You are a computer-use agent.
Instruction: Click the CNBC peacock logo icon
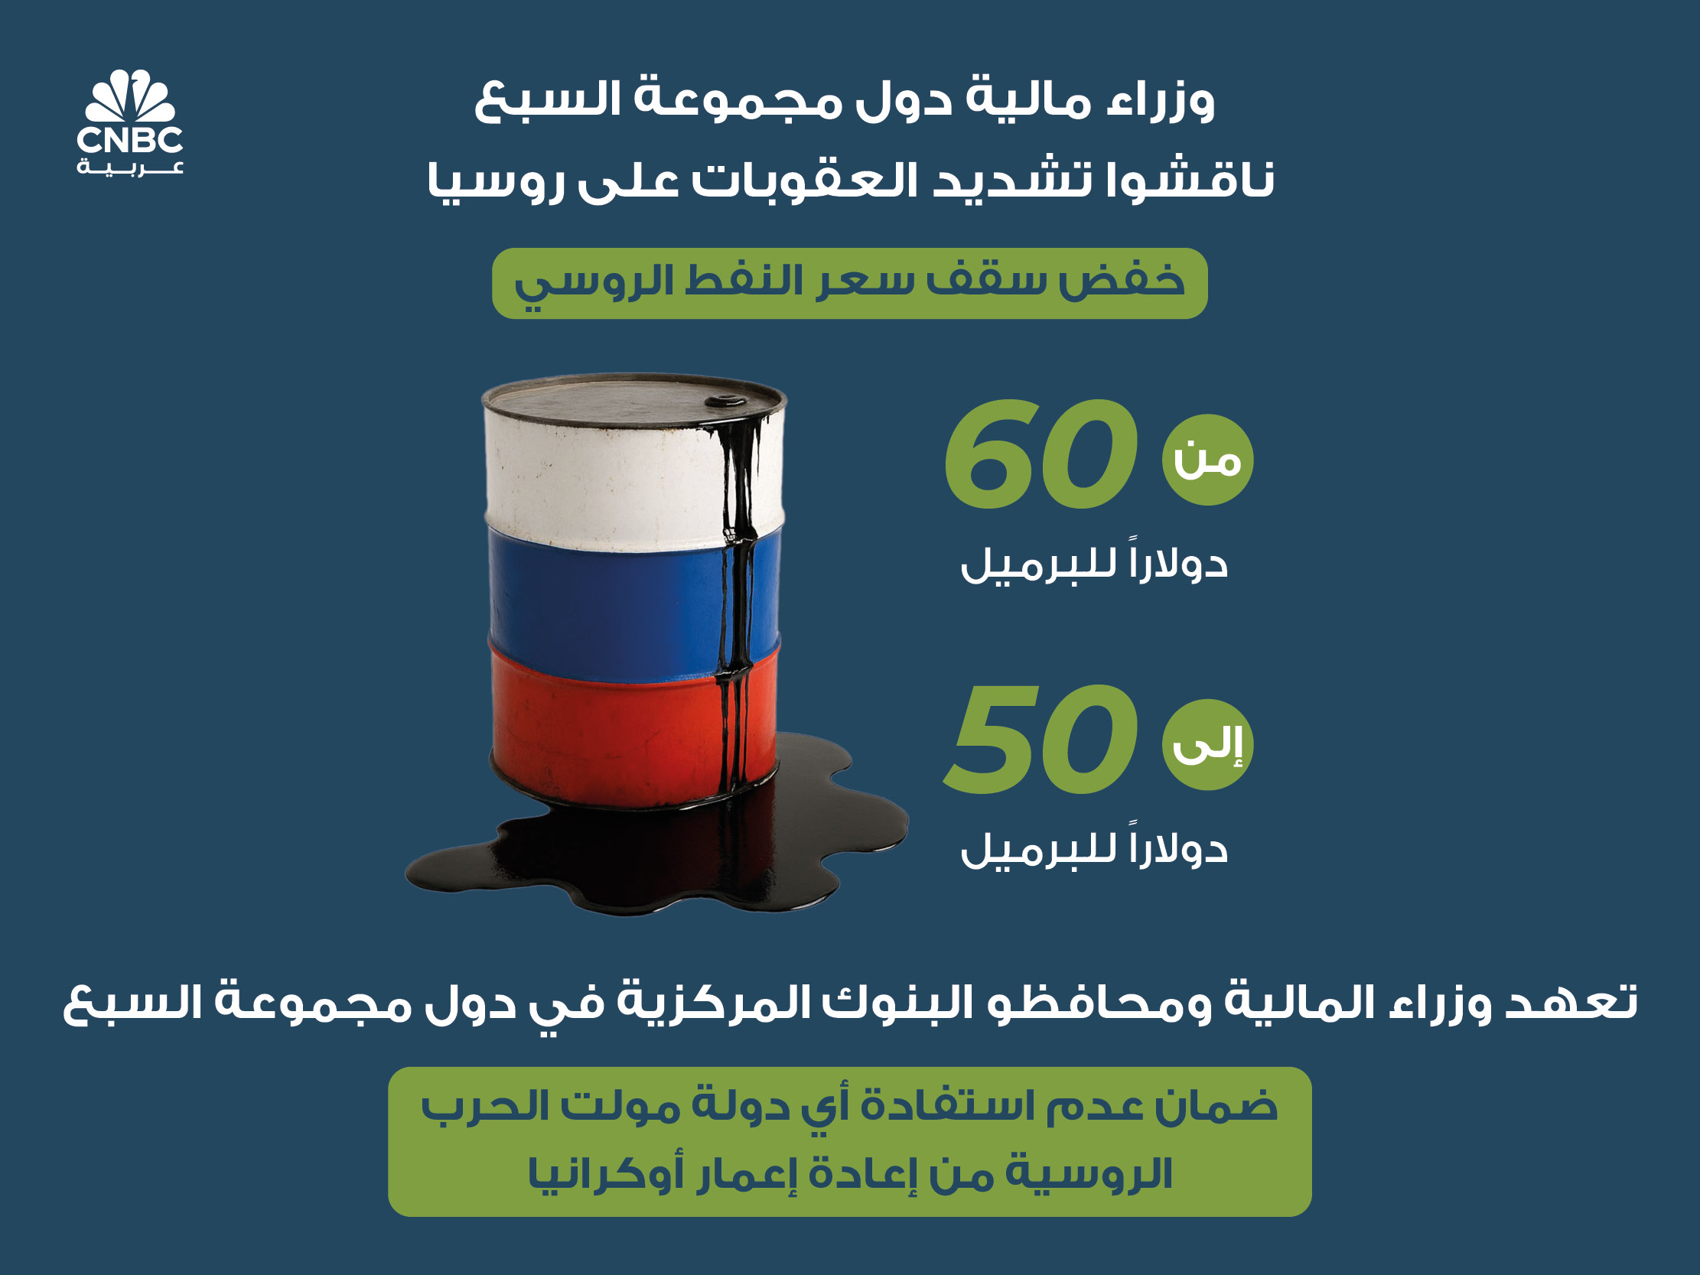130,96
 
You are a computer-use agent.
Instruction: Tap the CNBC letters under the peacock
130,140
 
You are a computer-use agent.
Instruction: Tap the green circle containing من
1207,460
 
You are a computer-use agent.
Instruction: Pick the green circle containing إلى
1207,744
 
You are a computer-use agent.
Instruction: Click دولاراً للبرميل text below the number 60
1093,565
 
